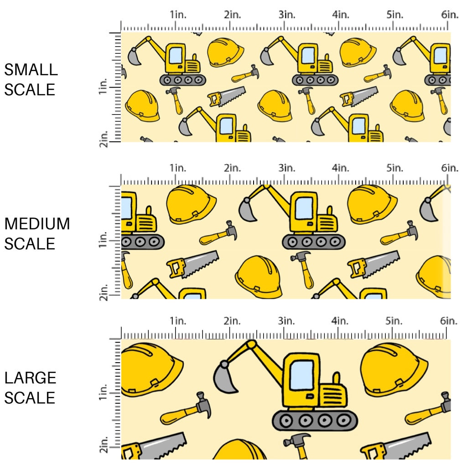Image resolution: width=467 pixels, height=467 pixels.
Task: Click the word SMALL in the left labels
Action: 31,70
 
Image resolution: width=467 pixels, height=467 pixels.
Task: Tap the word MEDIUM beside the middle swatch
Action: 37,224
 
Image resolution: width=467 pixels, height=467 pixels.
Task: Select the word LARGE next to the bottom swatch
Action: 30,378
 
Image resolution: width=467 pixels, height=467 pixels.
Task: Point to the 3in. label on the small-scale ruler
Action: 286,15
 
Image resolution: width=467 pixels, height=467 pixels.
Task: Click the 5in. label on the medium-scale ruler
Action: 395,168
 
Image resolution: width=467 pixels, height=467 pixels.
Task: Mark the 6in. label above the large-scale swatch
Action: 449,321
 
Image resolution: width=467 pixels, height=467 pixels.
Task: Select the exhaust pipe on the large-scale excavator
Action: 337,378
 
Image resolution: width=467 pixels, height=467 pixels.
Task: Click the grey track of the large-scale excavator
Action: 315,420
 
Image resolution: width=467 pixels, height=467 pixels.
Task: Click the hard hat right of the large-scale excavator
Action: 393,369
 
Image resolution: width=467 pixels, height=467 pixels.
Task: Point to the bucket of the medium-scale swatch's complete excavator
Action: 249,210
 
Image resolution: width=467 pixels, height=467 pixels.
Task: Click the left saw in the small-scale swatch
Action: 226,96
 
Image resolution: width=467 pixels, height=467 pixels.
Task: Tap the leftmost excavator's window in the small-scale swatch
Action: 176,56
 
